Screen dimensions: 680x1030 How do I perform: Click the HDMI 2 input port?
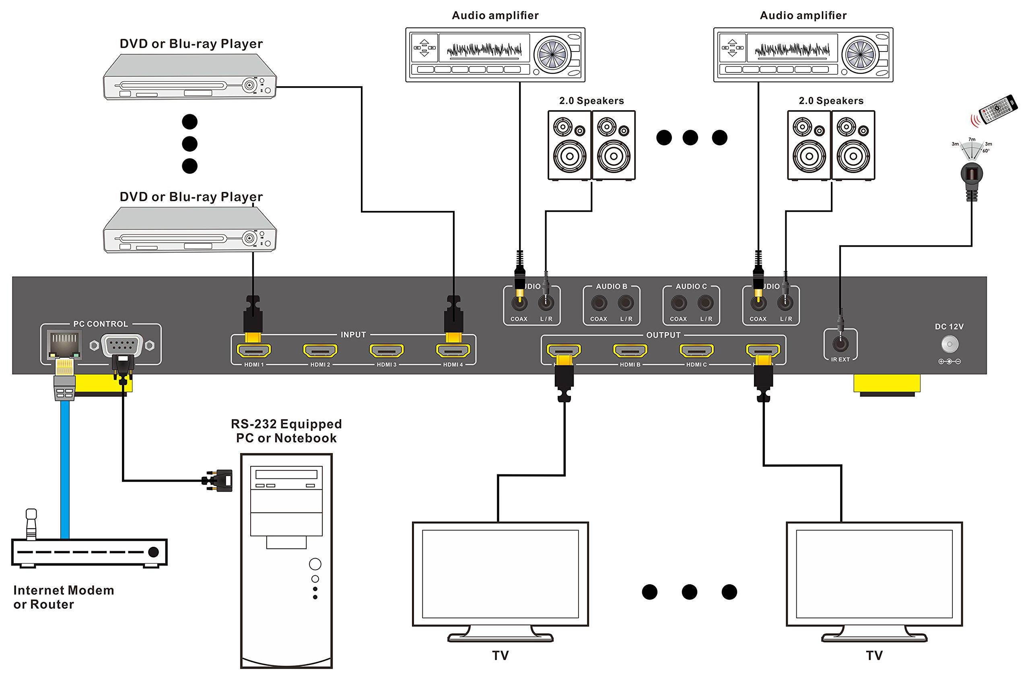click(320, 350)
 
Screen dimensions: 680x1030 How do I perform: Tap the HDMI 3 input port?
click(386, 350)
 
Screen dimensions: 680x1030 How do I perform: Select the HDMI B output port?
click(630, 350)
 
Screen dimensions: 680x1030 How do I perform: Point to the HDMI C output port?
click(696, 350)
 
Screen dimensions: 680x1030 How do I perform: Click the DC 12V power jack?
click(950, 345)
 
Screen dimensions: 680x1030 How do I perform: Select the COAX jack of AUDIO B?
click(599, 303)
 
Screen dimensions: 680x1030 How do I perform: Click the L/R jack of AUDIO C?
click(706, 303)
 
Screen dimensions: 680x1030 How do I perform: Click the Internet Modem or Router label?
click(63, 597)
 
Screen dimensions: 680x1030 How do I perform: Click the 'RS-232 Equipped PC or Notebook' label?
click(286, 431)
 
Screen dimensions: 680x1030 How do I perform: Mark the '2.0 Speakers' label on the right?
click(831, 101)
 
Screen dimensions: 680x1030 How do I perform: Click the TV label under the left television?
click(500, 655)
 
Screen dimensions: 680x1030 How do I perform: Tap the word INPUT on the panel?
click(353, 335)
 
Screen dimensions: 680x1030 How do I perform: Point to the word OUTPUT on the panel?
click(663, 335)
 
